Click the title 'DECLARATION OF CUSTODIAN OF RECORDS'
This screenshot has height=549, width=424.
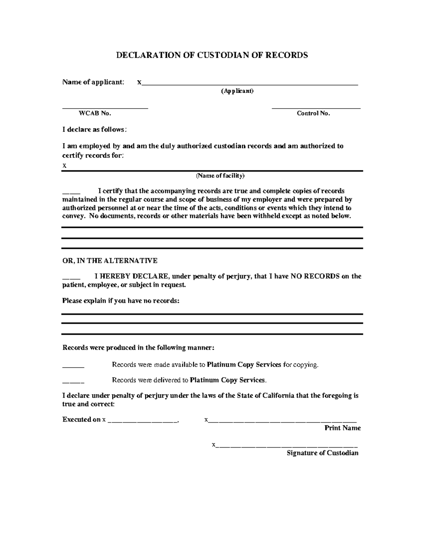click(x=212, y=55)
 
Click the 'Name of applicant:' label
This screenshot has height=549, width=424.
click(x=93, y=82)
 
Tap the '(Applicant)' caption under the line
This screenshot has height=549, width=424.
click(x=237, y=91)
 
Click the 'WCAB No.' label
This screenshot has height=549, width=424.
click(x=95, y=113)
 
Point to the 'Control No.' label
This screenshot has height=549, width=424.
click(x=313, y=113)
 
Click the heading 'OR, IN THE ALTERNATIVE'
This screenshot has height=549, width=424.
click(x=110, y=261)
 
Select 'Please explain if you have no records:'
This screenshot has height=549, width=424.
click(x=121, y=301)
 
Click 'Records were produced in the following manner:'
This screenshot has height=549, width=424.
click(x=138, y=348)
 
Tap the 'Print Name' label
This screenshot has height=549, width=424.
click(x=342, y=428)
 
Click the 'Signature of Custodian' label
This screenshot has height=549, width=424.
click(x=322, y=453)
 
